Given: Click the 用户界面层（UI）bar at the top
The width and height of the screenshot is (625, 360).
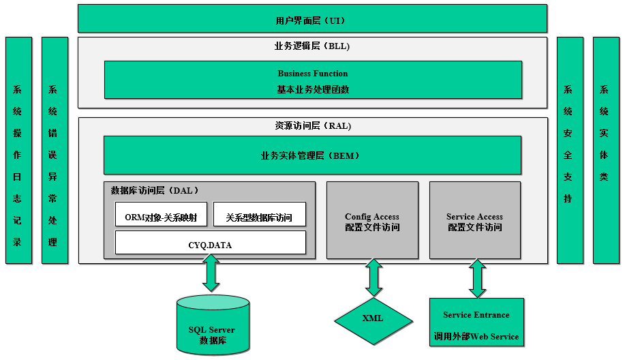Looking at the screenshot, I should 312,19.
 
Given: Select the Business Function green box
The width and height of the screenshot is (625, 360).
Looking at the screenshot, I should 313,80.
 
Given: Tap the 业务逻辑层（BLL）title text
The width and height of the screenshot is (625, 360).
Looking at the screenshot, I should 311,46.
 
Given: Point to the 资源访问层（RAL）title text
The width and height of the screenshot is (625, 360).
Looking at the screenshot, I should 313,126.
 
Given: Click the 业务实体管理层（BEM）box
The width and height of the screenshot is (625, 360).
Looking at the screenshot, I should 312,155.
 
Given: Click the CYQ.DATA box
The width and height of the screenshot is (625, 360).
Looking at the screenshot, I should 210,243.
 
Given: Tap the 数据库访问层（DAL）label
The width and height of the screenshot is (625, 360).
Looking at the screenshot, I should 155,191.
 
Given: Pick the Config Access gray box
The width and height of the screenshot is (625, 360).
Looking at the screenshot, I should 372,220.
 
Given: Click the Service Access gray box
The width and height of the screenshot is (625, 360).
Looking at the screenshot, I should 474,220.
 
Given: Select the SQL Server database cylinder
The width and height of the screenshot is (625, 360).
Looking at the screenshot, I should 212,325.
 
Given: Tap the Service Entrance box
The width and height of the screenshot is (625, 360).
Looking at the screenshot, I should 476,322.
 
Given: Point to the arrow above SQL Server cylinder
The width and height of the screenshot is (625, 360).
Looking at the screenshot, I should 211,273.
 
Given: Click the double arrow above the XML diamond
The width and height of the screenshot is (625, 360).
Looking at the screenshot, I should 373,277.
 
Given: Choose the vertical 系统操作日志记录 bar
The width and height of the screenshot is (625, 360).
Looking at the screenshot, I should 18,151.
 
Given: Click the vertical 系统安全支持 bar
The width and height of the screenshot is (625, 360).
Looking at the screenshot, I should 570,151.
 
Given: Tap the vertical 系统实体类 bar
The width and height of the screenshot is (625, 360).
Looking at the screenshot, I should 605,151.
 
